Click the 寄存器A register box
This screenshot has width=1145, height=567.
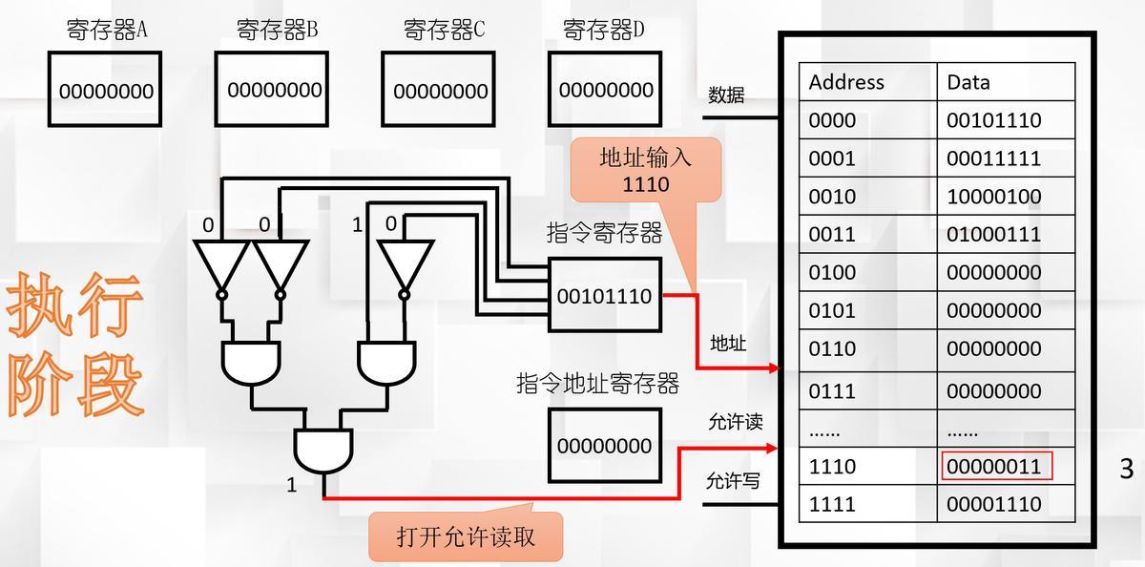coord(105,90)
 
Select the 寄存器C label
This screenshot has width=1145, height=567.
coord(444,30)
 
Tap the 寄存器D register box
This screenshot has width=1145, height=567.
coord(606,90)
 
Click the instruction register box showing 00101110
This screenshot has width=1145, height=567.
coord(604,296)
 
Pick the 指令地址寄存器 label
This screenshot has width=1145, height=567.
coord(597,384)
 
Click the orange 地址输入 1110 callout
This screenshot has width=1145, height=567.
coord(645,170)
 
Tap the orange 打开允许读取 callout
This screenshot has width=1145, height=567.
coord(466,535)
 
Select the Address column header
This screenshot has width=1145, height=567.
coord(846,82)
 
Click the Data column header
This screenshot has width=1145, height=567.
coord(968,82)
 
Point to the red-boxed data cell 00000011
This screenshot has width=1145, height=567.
coord(996,466)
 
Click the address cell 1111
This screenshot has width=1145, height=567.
coord(832,504)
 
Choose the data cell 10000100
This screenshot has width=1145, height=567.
coord(993,197)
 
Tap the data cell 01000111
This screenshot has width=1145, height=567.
coord(993,234)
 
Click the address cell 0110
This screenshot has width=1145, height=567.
coord(832,348)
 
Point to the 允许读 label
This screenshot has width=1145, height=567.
coord(735,422)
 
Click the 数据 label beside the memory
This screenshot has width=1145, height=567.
coord(726,95)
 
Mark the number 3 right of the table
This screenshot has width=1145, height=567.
coord(1126,469)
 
